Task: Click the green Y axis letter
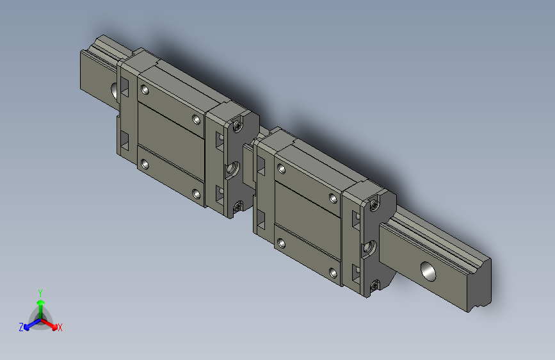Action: click(40, 291)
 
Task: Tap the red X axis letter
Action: click(60, 328)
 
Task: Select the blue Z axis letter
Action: click(21, 327)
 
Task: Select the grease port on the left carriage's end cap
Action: click(233, 170)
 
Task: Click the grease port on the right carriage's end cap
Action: click(369, 246)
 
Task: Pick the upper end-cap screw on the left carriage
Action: click(238, 126)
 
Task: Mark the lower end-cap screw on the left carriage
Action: click(238, 207)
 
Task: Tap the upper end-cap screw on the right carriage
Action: click(374, 206)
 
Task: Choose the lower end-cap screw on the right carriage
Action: click(373, 284)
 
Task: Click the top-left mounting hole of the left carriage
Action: click(145, 90)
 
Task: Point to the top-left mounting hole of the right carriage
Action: click(280, 169)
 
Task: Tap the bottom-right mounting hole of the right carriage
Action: click(332, 273)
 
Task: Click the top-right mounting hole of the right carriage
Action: click(332, 199)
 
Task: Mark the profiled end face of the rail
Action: click(481, 286)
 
